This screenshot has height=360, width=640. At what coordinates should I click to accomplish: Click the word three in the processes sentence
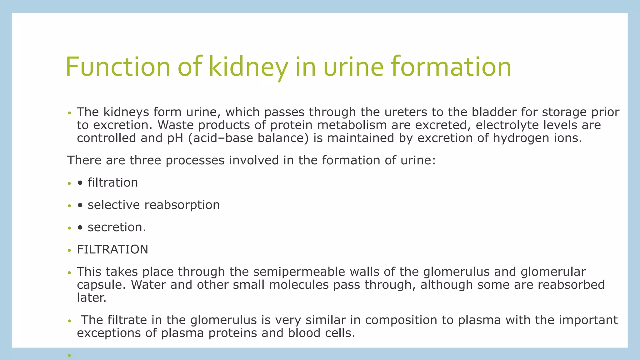point(145,160)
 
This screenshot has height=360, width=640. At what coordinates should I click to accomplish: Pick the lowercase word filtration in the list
point(112,183)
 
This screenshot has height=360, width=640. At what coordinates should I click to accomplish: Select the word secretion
point(116,227)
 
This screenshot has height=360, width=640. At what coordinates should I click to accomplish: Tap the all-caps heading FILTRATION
point(112,250)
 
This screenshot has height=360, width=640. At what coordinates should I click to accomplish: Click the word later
point(91,298)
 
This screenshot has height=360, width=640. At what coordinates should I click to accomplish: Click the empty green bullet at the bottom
point(69,355)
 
